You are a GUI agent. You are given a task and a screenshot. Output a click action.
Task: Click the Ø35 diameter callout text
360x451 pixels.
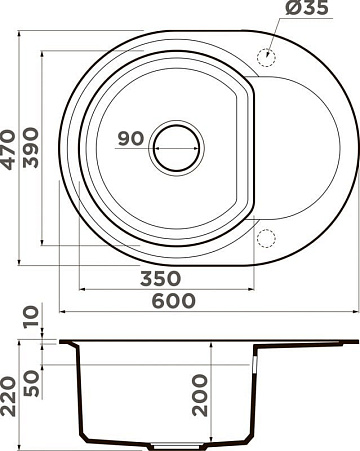tap(307, 7)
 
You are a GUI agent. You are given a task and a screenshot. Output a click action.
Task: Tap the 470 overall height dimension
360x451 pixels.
tap(8, 149)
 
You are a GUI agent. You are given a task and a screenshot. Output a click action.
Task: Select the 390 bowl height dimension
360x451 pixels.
tap(31, 147)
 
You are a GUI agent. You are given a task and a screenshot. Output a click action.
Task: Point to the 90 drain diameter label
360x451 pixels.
tap(131, 138)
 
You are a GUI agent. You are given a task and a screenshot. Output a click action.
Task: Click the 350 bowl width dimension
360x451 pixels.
tap(160, 278)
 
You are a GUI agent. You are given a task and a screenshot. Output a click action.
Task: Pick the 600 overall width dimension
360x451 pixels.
tap(173, 300)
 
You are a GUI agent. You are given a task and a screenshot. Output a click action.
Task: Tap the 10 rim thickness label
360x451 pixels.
tap(31, 317)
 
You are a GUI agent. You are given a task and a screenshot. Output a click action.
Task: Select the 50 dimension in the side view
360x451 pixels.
tap(32, 383)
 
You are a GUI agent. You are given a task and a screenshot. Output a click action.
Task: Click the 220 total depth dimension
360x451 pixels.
tap(8, 396)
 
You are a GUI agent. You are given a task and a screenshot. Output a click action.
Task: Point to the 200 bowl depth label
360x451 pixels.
tap(200, 395)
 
